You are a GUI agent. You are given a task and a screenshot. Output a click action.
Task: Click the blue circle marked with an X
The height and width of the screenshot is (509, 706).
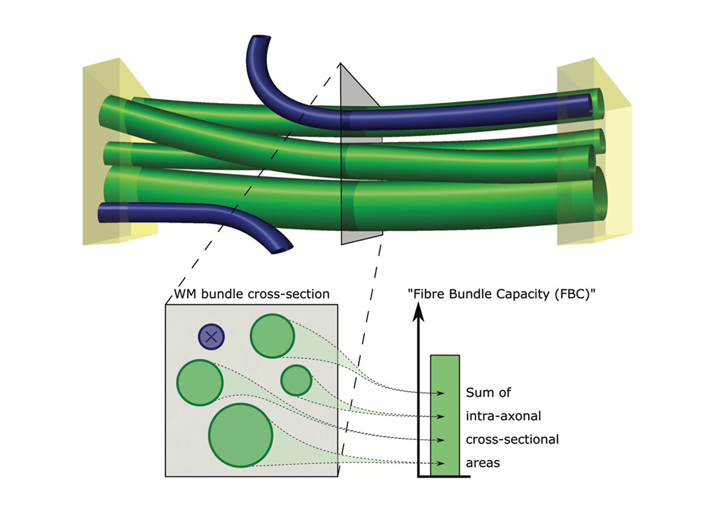click(211, 337)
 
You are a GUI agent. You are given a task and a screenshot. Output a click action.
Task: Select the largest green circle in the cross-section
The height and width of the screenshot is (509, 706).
click(241, 434)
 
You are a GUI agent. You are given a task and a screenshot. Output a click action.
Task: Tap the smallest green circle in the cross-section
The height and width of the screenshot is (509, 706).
click(296, 380)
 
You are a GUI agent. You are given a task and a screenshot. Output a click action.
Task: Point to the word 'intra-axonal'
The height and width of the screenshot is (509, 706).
click(502, 415)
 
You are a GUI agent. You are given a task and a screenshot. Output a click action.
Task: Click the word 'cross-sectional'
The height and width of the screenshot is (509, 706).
click(512, 439)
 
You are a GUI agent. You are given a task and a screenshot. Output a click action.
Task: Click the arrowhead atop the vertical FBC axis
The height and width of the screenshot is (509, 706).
click(420, 314)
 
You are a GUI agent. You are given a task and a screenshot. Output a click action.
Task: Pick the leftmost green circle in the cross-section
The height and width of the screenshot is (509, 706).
click(201, 382)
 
